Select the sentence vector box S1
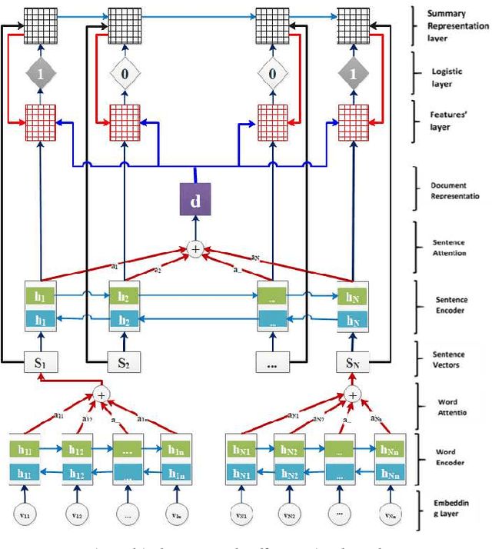(38, 363)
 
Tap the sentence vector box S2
(123, 363)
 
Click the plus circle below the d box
(197, 250)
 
